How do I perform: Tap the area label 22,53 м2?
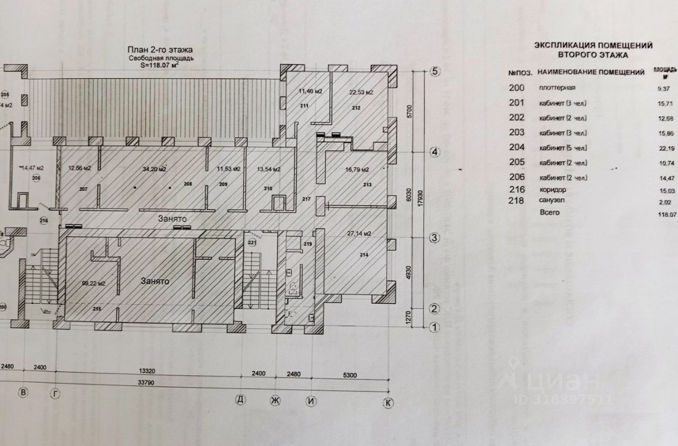tap(361, 92)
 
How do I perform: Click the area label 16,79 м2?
tap(358, 170)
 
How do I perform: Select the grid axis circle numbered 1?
tap(434, 327)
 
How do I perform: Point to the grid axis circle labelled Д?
tap(241, 399)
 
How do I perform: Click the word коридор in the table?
tap(553, 189)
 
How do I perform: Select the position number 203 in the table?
tap(516, 133)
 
